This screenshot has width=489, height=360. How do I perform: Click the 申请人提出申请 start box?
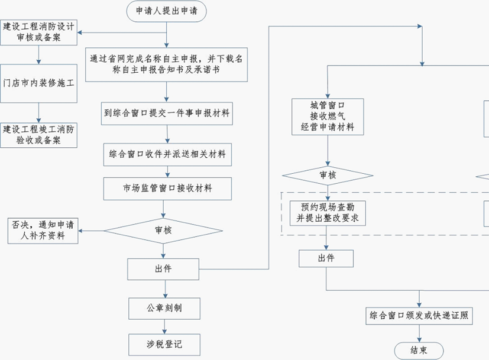click(x=167, y=11)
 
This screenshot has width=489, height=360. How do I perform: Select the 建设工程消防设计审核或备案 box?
click(x=39, y=32)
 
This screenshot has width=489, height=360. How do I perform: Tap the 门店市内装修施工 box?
click(x=39, y=83)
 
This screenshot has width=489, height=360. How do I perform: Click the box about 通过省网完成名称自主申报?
click(x=167, y=64)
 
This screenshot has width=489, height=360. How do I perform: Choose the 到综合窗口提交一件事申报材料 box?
click(x=167, y=113)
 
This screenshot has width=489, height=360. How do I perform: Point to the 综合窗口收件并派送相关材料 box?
click(x=167, y=155)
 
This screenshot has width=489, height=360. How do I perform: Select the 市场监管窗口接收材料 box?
click(x=167, y=189)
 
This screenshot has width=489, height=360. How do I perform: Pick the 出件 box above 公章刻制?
click(x=163, y=269)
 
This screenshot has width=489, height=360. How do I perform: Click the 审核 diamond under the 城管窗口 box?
click(x=327, y=176)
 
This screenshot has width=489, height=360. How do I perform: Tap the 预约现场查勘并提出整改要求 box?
click(x=327, y=213)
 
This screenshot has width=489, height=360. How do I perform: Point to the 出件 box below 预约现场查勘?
click(x=326, y=258)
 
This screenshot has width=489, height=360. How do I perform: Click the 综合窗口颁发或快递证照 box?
click(x=419, y=315)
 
